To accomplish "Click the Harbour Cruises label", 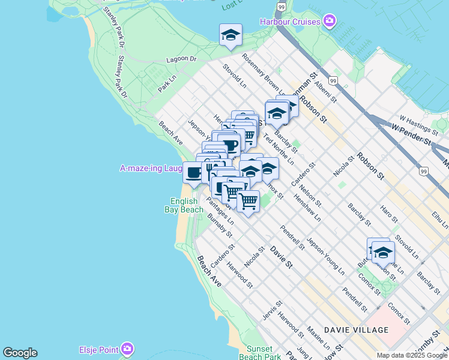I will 291,22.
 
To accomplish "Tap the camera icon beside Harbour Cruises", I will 329,22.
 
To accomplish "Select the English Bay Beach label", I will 184,206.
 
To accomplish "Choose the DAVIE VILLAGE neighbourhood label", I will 356,330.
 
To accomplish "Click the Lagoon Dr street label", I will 181,59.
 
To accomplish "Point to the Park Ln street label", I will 167,83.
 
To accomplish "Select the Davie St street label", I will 280,256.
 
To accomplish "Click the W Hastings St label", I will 419,122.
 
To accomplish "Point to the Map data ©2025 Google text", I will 412,355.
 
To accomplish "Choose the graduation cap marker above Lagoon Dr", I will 230,35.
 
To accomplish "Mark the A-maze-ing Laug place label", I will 150,169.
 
